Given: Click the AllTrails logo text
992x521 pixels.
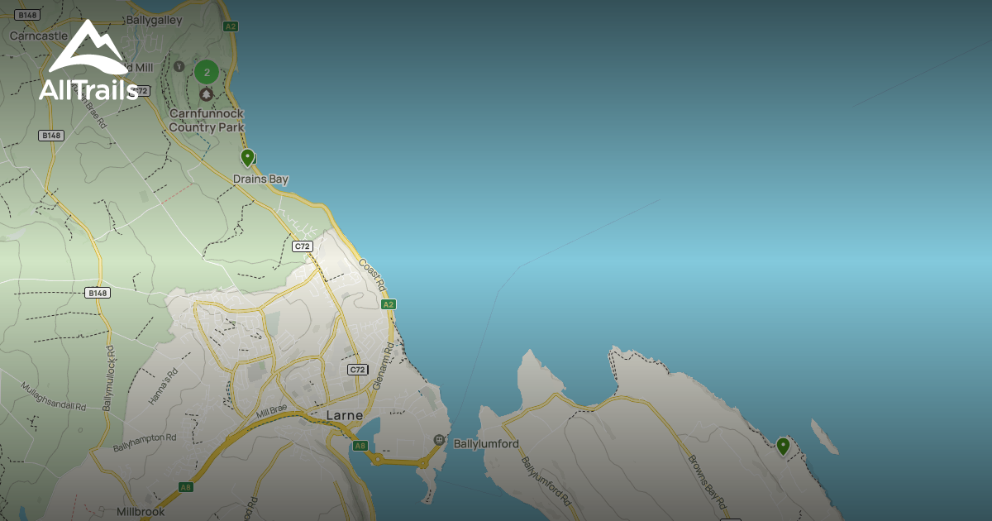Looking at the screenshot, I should [88, 89].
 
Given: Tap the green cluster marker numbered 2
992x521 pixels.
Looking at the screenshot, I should [206, 72].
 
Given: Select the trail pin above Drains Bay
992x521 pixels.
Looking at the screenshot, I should [247, 157].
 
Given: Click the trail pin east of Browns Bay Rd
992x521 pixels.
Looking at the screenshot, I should [782, 447].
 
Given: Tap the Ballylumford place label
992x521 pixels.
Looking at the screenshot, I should [486, 444].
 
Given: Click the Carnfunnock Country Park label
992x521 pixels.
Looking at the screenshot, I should [207, 120].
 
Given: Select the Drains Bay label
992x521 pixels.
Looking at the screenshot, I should [260, 179].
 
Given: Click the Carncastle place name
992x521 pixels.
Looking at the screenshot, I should [38, 36].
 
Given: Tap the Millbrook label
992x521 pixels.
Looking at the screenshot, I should [141, 512].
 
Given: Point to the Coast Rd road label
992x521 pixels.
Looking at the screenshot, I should [373, 275].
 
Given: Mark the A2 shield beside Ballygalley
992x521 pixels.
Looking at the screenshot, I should [231, 26].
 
